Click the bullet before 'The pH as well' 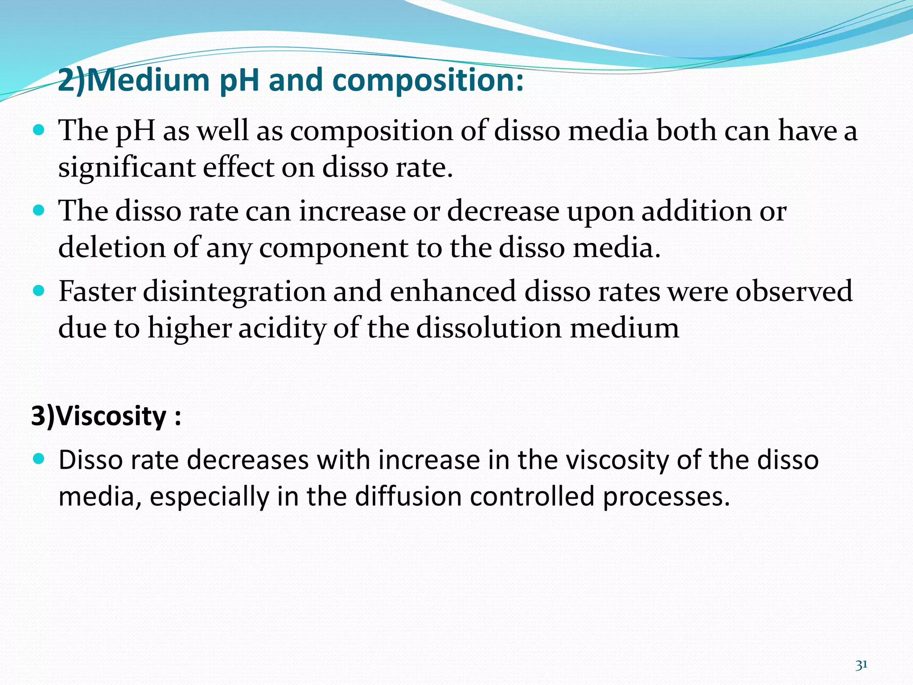pos(39,130)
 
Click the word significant pos(127,168)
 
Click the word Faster pos(97,291)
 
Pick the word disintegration pos(234,291)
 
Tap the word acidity pos(282,328)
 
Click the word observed pos(794,291)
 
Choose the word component pos(333,248)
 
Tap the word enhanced pos(453,291)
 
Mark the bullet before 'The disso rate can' pos(39,210)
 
